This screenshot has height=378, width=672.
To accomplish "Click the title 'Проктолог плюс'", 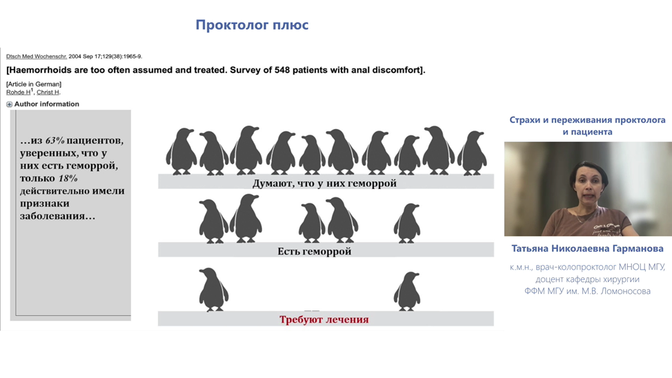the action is [252, 25].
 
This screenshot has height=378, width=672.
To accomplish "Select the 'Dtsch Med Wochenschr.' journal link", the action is [37, 56].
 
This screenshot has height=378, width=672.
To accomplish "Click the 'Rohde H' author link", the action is [19, 92].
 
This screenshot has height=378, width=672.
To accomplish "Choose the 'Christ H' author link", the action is [48, 92].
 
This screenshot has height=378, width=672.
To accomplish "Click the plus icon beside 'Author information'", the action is [9, 104].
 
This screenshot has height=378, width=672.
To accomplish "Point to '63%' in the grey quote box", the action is [55, 141].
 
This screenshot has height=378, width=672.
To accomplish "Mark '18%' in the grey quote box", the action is [68, 178].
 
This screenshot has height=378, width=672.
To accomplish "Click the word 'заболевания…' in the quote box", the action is [57, 216].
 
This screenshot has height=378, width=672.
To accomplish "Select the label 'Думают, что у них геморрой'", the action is [324, 183].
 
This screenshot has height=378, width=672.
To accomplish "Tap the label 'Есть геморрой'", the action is [314, 252].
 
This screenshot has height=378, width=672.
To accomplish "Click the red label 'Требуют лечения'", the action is [324, 320].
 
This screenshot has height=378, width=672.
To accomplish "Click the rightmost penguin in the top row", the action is [472, 153].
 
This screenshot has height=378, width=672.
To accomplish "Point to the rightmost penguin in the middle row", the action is [406, 223].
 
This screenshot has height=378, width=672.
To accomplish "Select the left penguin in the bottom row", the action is [213, 290].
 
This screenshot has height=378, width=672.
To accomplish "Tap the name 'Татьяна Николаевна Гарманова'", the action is [587, 248].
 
